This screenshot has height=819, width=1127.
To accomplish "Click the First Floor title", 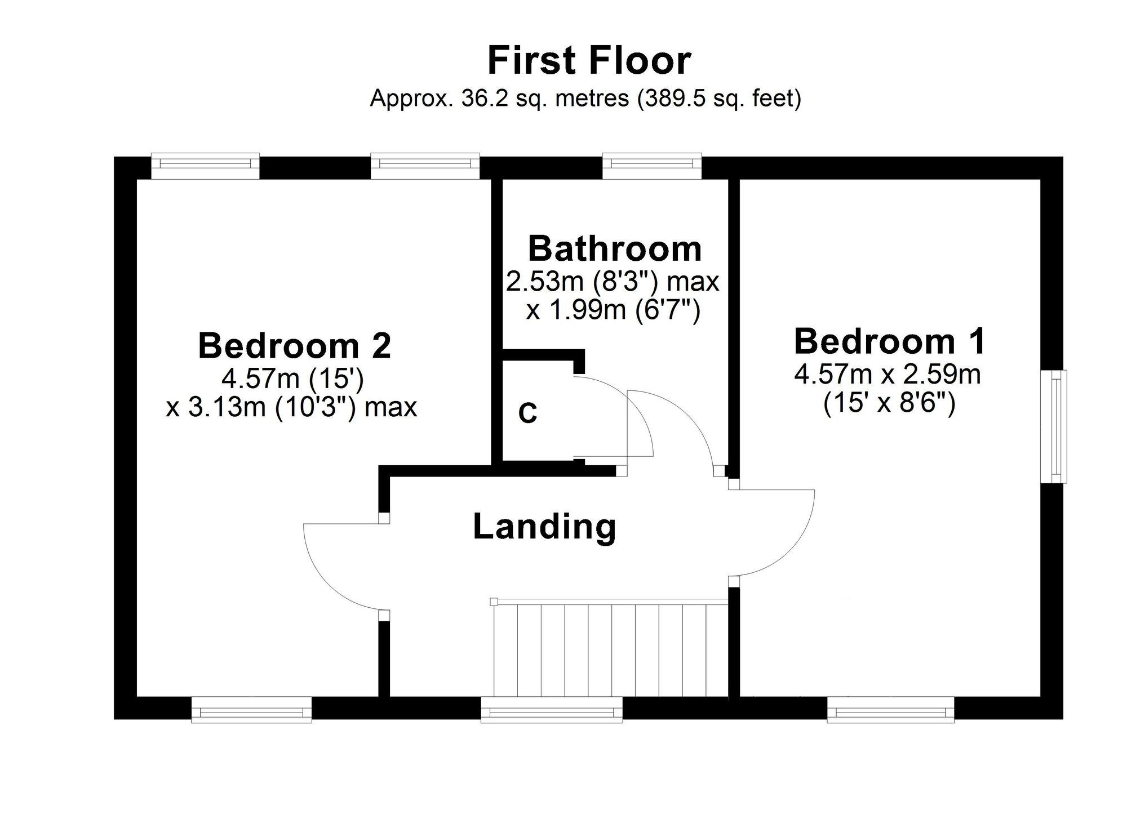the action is (x=589, y=61).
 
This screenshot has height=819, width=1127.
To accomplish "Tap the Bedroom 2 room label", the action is (x=294, y=345).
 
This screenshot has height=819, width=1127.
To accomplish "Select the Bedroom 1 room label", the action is (x=890, y=341).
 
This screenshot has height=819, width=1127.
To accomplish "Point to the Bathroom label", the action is (x=615, y=249).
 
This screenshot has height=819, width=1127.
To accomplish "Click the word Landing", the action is (x=544, y=527).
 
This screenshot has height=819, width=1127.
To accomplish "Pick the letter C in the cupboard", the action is (x=527, y=413).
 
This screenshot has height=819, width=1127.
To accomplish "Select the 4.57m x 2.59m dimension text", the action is (x=888, y=375).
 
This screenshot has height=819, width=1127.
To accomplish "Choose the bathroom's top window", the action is (x=652, y=166).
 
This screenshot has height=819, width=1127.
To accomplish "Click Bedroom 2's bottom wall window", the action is (x=251, y=710).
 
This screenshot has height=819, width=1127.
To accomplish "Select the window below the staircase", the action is (x=552, y=710).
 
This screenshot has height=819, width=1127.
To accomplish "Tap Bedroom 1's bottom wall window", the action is (x=891, y=710).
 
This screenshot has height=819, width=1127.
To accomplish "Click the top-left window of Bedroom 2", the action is (x=205, y=166).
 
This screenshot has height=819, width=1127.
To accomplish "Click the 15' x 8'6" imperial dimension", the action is (x=889, y=403).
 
